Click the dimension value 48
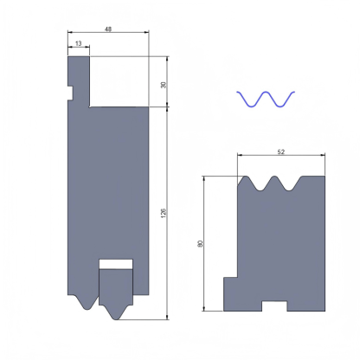coord(107,29)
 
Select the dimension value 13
coord(79,42)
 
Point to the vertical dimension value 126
coord(164,211)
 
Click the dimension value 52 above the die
coord(280,151)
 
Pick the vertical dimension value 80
coord(202,243)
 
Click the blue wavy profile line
coord(266,98)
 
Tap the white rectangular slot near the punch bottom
coord(116,263)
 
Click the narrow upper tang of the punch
coord(79,74)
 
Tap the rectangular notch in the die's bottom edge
coord(274,305)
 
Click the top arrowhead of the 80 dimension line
coord(206,178)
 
